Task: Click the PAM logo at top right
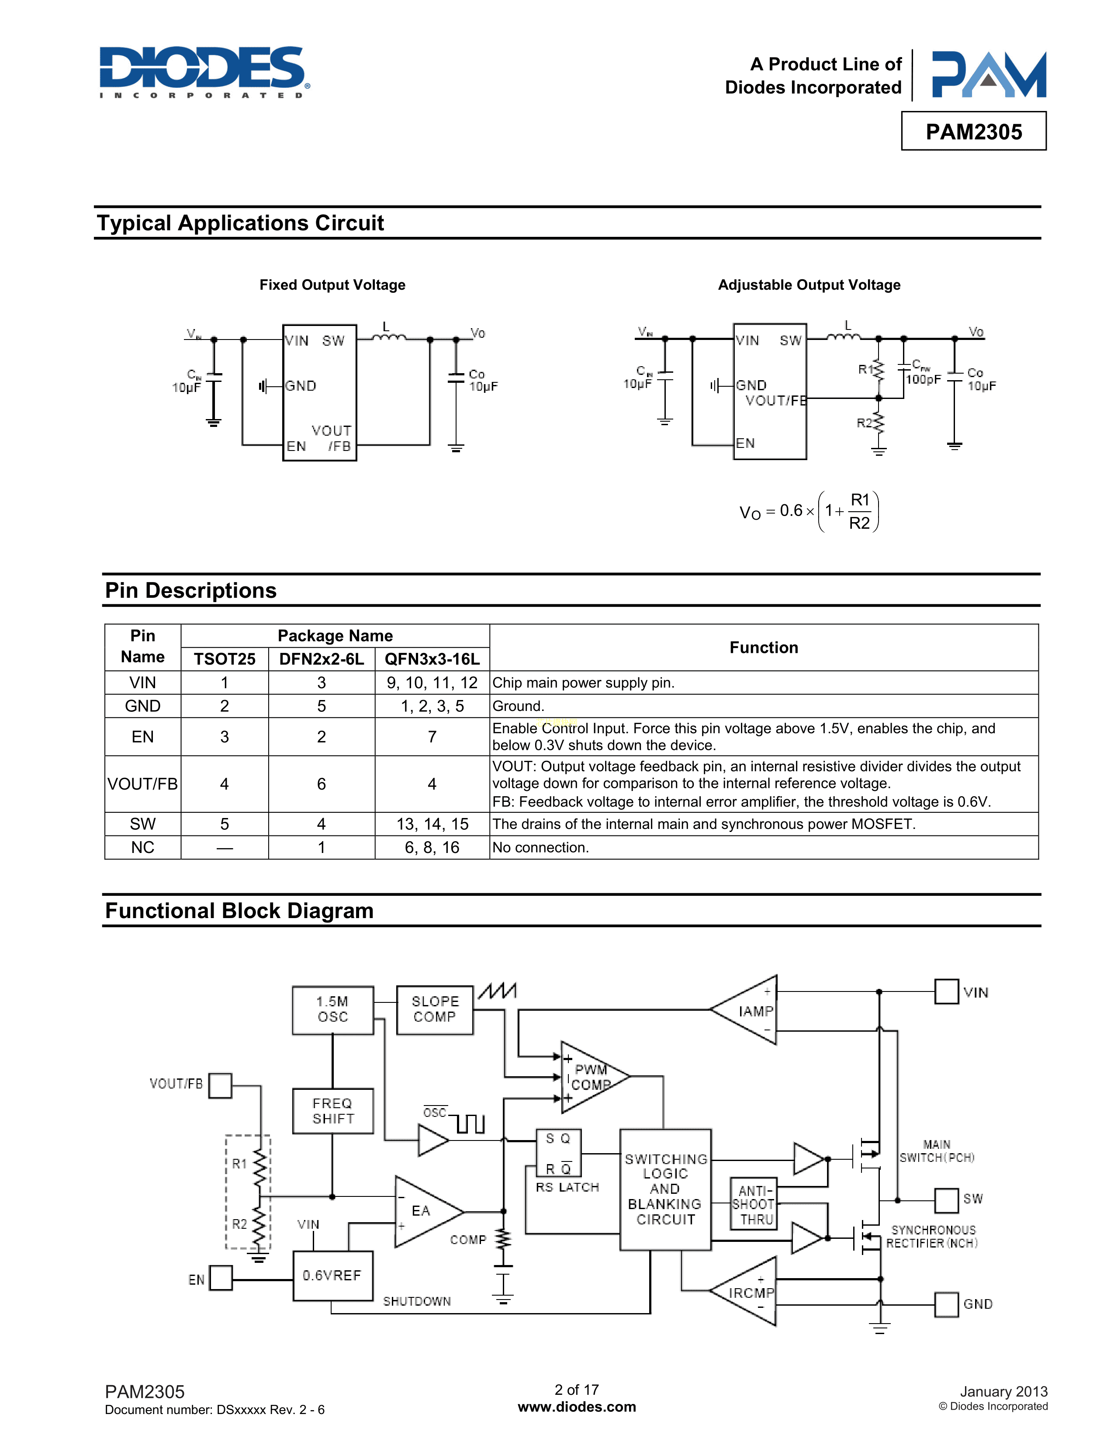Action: point(988,75)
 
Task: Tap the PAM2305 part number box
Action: point(973,132)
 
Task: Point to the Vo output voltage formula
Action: point(809,512)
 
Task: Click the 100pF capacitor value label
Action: point(923,380)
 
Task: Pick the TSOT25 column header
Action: point(225,659)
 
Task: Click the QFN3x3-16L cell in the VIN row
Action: point(432,683)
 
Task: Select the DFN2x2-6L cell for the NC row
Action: point(322,847)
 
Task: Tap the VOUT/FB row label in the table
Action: point(142,784)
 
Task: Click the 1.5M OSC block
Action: point(332,1010)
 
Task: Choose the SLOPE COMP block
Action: point(434,1010)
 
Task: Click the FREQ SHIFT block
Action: point(332,1111)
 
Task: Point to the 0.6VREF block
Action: point(332,1276)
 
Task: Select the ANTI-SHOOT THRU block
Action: point(753,1204)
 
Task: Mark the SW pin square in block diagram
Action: point(946,1200)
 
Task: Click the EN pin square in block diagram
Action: point(221,1278)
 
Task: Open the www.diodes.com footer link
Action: point(577,1407)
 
